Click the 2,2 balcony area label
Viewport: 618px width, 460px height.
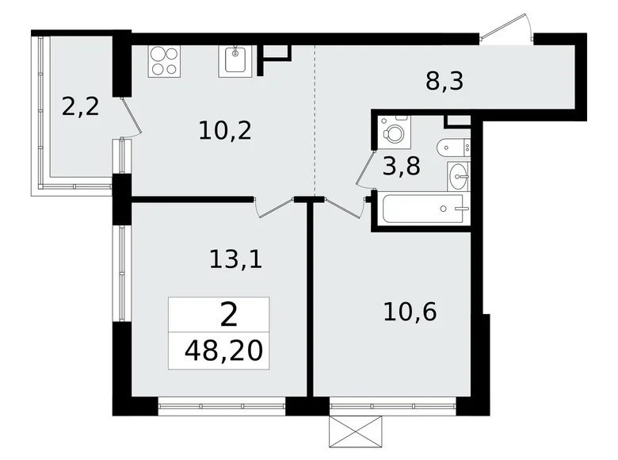(80, 107)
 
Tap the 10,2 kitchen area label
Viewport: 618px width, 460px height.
(225, 131)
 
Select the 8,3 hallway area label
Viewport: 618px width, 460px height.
(444, 82)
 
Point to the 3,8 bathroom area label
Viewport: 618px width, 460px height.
(402, 166)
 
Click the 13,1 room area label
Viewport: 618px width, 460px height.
(235, 259)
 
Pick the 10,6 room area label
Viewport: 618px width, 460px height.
(410, 312)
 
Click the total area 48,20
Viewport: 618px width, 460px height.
(223, 351)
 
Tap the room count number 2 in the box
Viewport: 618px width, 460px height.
(229, 315)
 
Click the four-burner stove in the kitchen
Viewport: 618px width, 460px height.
(164, 61)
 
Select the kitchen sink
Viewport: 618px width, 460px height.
(235, 61)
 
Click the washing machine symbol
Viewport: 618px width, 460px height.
(394, 128)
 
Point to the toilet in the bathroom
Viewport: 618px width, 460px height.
(453, 148)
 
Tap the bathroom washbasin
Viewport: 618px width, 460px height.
(459, 176)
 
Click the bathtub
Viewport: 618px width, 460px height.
(426, 209)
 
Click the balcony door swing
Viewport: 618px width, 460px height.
(132, 117)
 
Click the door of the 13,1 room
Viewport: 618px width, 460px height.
(275, 208)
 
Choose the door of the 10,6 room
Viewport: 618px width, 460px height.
(345, 208)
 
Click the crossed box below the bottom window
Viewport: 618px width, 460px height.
(356, 431)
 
